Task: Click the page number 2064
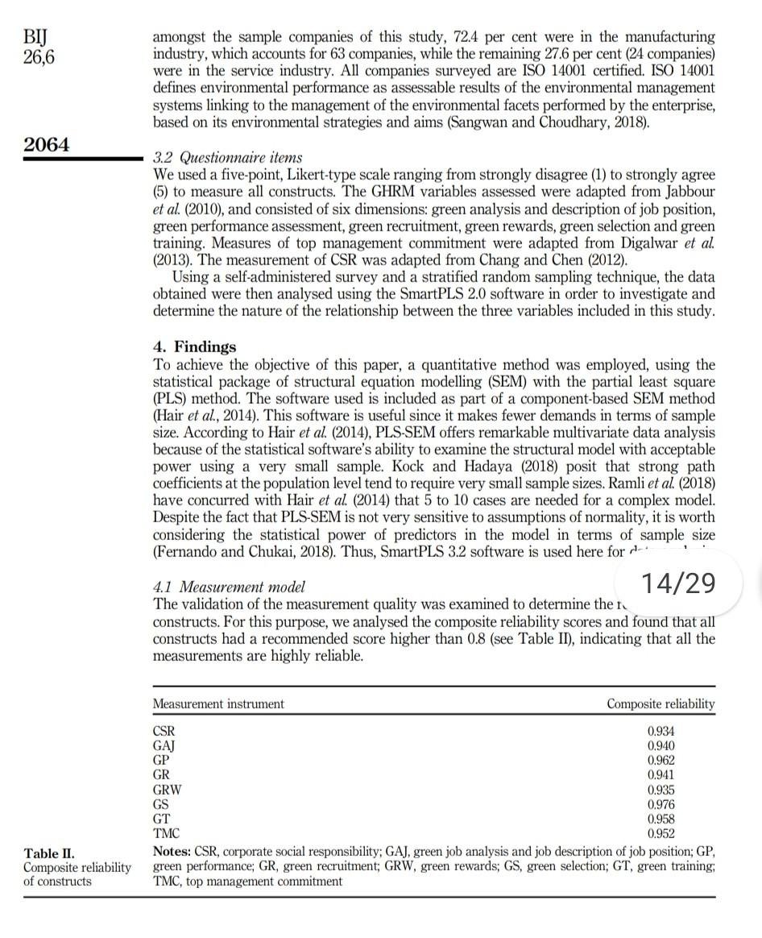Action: point(47,145)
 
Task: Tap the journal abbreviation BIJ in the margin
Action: point(35,37)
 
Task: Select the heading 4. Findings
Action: point(194,347)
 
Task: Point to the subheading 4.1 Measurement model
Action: point(228,587)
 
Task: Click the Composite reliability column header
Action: point(660,703)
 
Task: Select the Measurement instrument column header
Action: point(218,703)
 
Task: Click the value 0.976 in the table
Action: point(661,804)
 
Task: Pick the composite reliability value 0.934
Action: point(661,731)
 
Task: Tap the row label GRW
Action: point(167,790)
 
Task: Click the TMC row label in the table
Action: point(166,834)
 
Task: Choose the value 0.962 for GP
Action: point(661,760)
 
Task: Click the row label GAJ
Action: point(164,745)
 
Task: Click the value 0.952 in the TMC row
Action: point(661,834)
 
